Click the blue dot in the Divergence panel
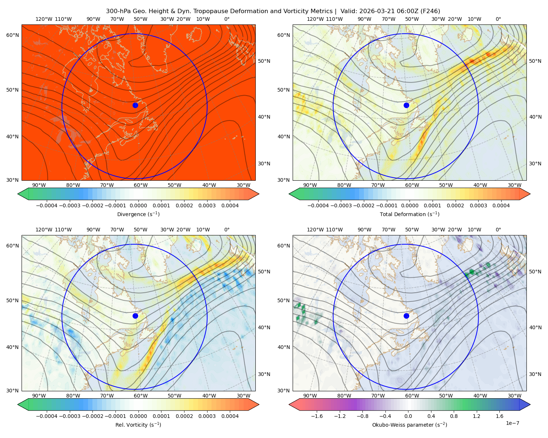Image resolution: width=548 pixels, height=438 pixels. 135,105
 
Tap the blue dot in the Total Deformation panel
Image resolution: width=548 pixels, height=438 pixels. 406,105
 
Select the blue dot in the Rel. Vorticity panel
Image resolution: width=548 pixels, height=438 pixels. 135,316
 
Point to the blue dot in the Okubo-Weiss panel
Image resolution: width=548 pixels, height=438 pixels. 406,316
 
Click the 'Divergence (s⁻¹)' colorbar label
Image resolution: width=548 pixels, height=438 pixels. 138,214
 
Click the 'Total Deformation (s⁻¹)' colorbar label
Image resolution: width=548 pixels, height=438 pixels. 410,214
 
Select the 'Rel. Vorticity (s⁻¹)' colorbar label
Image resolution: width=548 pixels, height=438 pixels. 138,424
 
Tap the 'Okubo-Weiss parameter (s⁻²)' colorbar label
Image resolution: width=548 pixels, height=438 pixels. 410,424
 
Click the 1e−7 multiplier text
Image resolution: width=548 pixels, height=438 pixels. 512,423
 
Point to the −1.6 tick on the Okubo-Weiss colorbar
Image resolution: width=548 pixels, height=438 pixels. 317,416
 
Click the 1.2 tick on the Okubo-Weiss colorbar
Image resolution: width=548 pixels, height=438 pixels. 476,416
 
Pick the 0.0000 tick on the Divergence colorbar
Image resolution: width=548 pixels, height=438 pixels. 138,205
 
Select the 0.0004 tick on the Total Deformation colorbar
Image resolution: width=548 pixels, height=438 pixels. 501,205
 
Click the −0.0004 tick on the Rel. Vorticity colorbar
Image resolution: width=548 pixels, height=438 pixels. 47,416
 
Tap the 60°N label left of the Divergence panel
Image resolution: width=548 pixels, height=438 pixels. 12,35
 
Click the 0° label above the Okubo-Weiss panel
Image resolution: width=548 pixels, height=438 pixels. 498,230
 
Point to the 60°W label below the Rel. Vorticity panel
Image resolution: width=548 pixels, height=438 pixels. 141,396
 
